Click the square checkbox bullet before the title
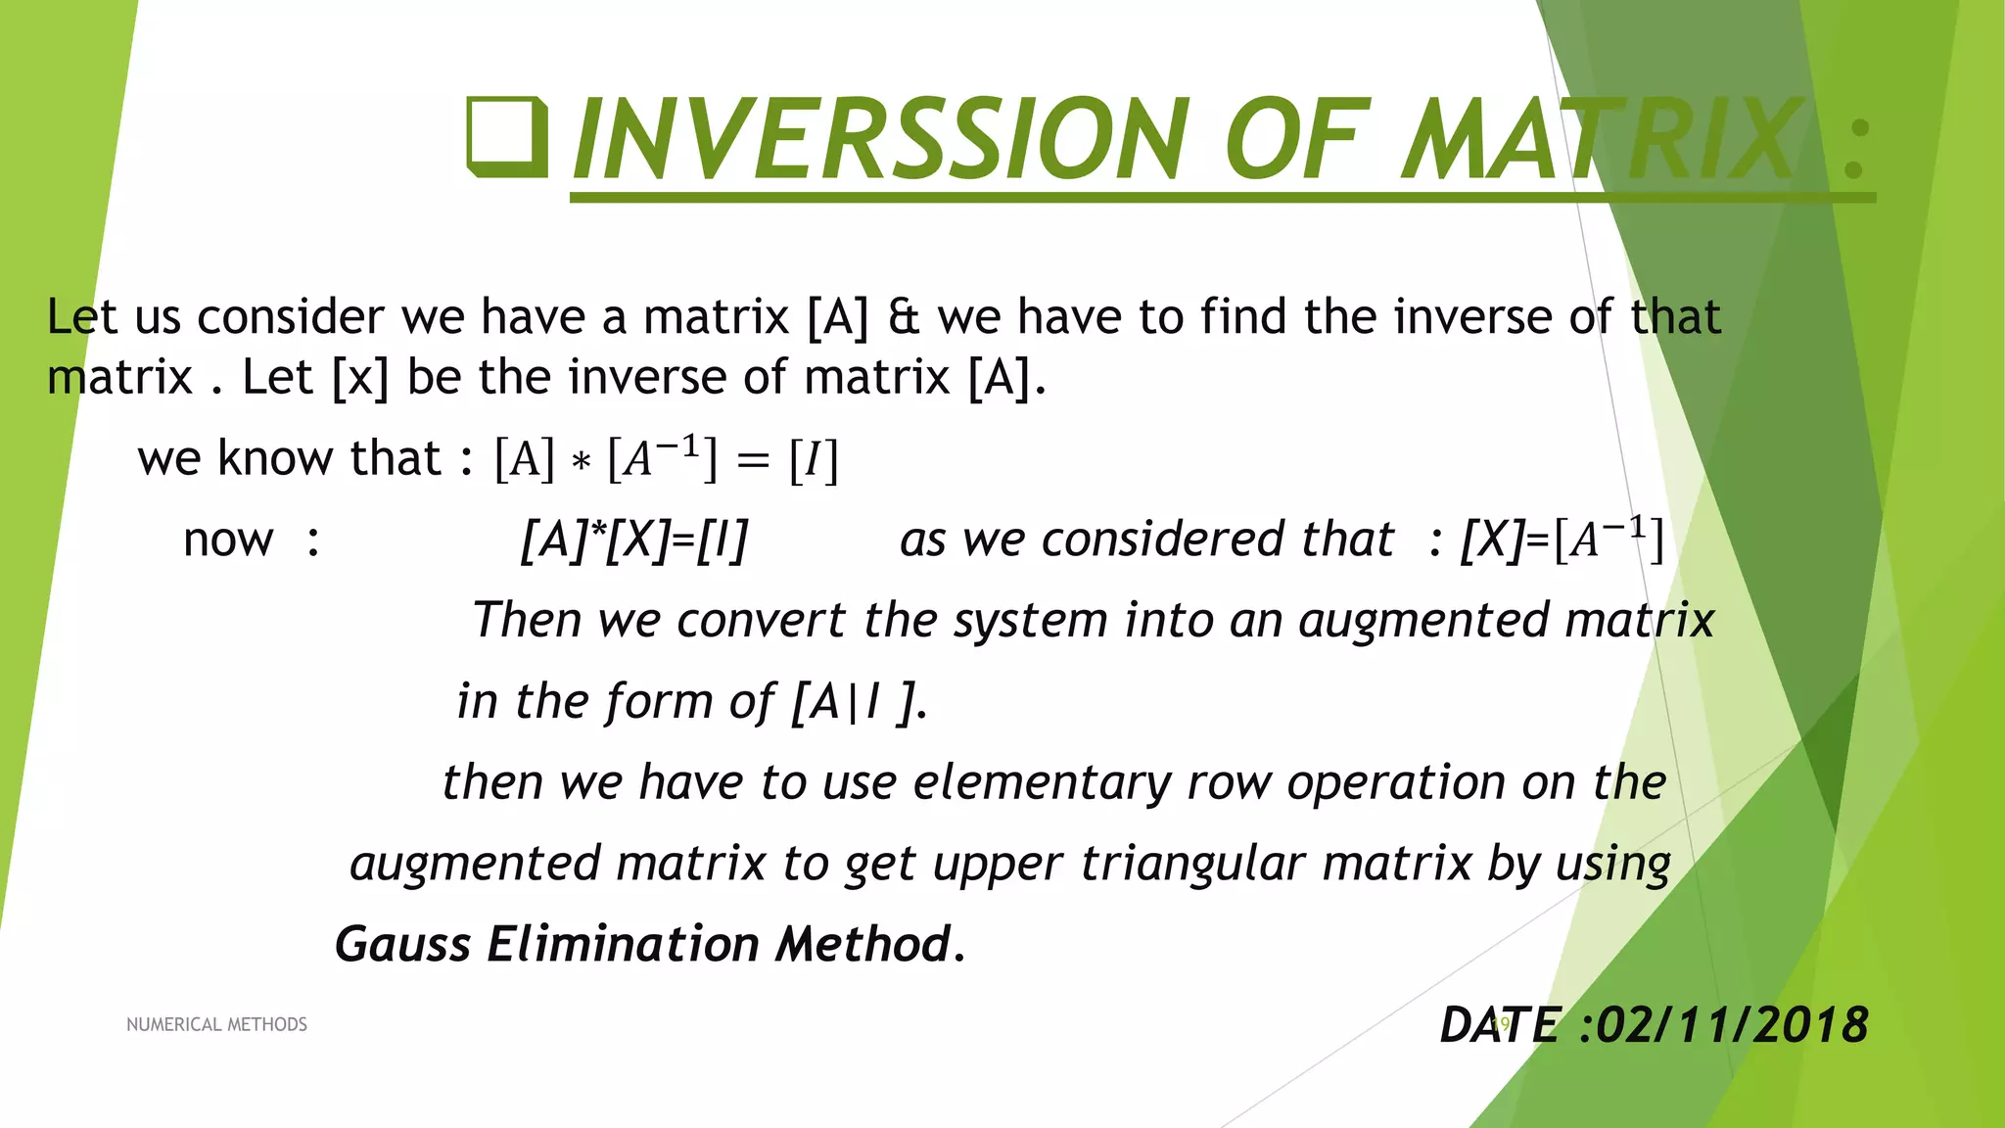click(506, 137)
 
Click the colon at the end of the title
click(1853, 149)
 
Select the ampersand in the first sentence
click(903, 317)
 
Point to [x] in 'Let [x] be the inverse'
click(360, 378)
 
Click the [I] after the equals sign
click(814, 459)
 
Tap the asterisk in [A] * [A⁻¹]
click(581, 461)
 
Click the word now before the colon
click(228, 540)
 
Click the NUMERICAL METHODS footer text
click(216, 1024)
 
